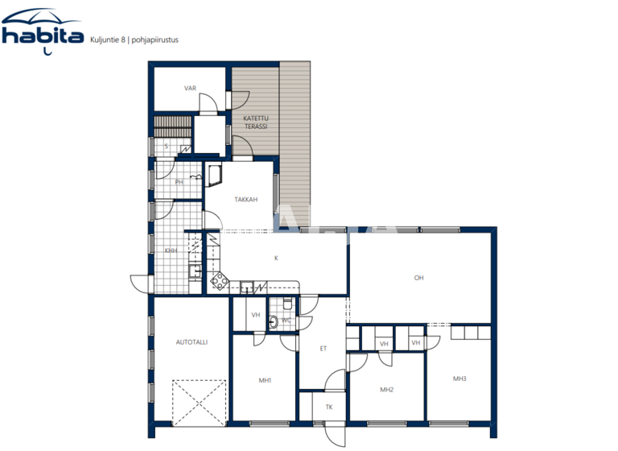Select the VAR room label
190,89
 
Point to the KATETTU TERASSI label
256,122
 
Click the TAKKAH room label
245,200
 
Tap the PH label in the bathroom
179,182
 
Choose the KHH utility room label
171,250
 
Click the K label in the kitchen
276,258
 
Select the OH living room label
418,278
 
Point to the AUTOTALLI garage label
192,342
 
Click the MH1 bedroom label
265,380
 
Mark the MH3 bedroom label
459,379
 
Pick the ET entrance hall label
323,349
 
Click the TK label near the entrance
328,407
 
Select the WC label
286,321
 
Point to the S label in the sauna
166,147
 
